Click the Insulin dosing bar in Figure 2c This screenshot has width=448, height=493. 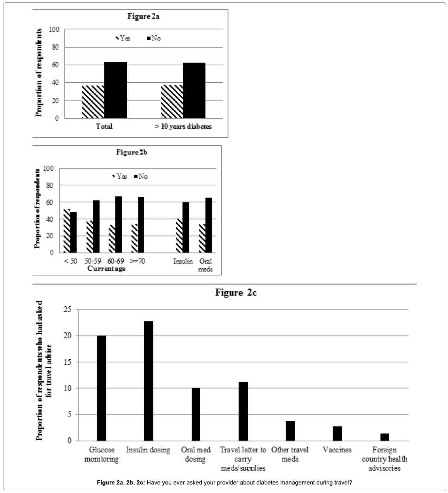[148, 381]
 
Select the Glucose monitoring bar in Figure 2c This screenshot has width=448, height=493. [101, 388]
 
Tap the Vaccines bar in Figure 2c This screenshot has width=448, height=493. [337, 433]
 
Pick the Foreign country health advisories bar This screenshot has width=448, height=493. [384, 437]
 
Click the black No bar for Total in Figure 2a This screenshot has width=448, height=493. [115, 90]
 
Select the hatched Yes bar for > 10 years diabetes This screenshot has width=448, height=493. [172, 101]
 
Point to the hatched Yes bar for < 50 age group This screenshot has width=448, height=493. [67, 230]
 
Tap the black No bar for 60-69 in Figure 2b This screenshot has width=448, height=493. [118, 224]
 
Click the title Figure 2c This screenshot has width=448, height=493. [236, 292]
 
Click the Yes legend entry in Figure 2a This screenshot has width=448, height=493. [123, 38]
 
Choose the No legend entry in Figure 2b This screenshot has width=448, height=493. [141, 176]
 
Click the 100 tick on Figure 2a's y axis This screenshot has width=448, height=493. [54, 29]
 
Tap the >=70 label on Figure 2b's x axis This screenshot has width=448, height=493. [138, 261]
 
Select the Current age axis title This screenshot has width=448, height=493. [106, 269]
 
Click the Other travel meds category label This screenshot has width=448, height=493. [290, 454]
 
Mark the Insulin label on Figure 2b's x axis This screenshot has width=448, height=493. [182, 261]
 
